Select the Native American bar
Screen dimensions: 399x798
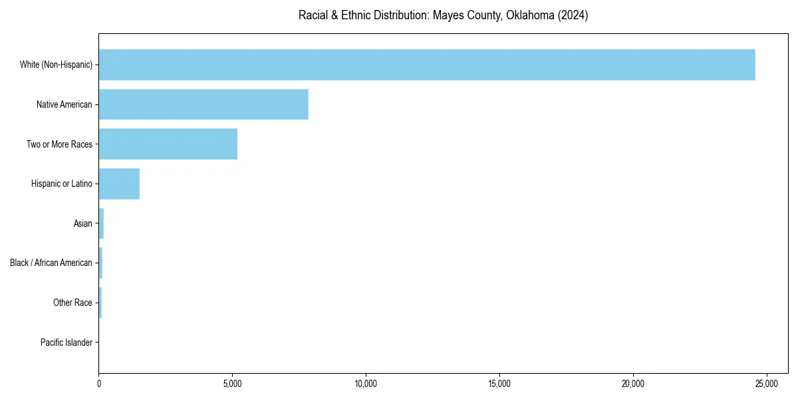(203, 104)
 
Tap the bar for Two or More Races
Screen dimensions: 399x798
(168, 144)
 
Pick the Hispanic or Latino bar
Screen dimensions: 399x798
(119, 184)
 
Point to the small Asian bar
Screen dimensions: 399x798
(101, 223)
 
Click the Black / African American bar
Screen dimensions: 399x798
(100, 263)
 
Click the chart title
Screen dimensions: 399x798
(443, 15)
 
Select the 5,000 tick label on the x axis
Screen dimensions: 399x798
(232, 384)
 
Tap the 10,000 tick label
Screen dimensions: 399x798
(366, 384)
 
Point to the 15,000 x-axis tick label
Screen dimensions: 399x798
(499, 384)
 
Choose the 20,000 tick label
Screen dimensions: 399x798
(633, 384)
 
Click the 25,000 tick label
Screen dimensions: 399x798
(767, 384)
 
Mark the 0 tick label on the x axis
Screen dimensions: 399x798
(99, 384)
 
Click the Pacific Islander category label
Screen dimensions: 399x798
(66, 342)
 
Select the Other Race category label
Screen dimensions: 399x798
(72, 303)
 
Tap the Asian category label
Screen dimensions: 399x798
(83, 223)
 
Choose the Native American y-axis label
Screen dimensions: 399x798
(65, 104)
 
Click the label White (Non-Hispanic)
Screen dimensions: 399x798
(56, 65)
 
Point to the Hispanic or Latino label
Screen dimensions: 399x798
(62, 184)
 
